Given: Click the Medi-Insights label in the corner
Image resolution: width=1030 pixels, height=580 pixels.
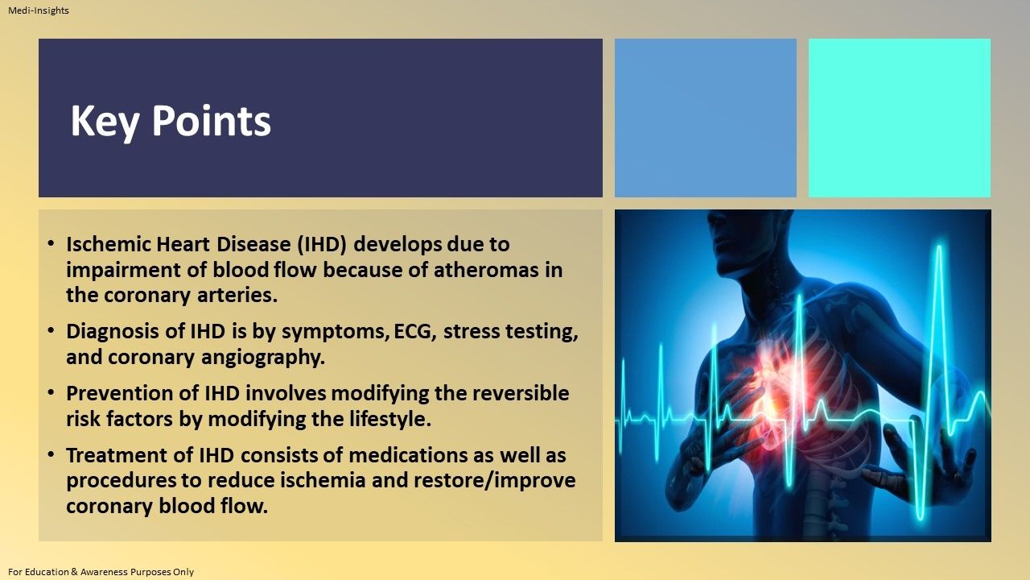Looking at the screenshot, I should [39, 10].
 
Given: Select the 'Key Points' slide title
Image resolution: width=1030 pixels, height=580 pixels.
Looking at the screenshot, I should [171, 121].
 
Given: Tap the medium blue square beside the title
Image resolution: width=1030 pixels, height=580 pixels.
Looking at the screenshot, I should [705, 118].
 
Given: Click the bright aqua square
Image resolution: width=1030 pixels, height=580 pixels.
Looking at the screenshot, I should [899, 118].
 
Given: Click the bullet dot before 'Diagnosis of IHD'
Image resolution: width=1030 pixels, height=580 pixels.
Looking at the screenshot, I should [51, 332].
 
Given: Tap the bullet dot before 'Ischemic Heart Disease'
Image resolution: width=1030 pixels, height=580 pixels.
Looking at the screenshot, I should [51, 243].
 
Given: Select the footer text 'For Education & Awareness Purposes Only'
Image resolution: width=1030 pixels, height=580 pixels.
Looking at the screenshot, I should [101, 572].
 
